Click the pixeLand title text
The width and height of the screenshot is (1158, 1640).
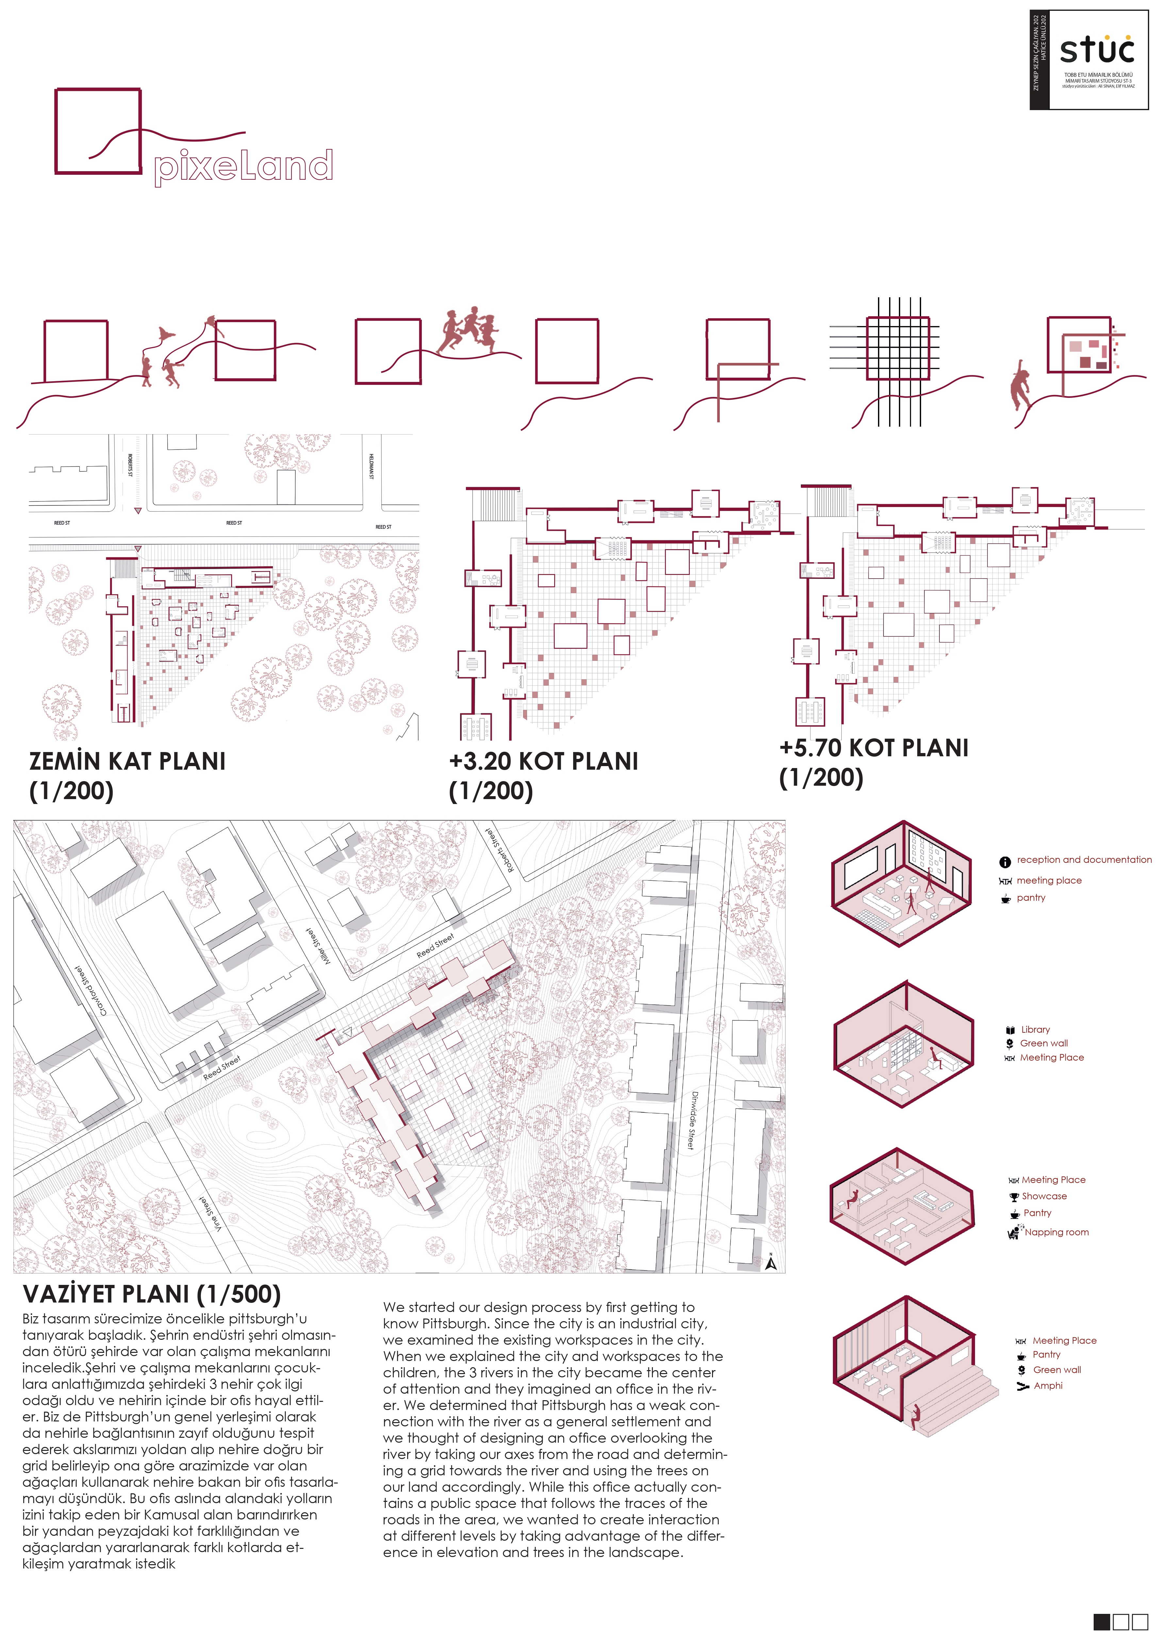pyautogui.click(x=243, y=166)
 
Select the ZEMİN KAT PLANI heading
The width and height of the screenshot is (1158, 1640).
pyautogui.click(x=127, y=762)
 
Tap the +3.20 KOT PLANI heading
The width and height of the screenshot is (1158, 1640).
pyautogui.click(x=543, y=762)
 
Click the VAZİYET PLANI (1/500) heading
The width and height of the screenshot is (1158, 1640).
pyautogui.click(x=151, y=1294)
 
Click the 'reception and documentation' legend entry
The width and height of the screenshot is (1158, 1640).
pyautogui.click(x=1083, y=860)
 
